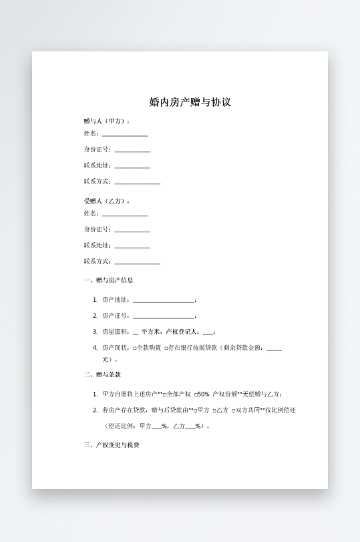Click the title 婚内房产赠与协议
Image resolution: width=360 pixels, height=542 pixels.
click(x=190, y=103)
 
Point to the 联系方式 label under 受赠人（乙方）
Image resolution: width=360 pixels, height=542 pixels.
click(x=98, y=262)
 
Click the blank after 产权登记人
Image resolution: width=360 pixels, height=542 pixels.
click(x=208, y=332)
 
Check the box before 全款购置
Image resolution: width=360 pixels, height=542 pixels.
click(x=135, y=348)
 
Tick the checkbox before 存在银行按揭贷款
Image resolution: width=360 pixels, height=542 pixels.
click(x=166, y=348)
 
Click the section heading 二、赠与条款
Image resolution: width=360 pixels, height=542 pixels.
click(x=102, y=375)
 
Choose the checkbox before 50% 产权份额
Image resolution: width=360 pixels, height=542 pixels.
click(x=196, y=394)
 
